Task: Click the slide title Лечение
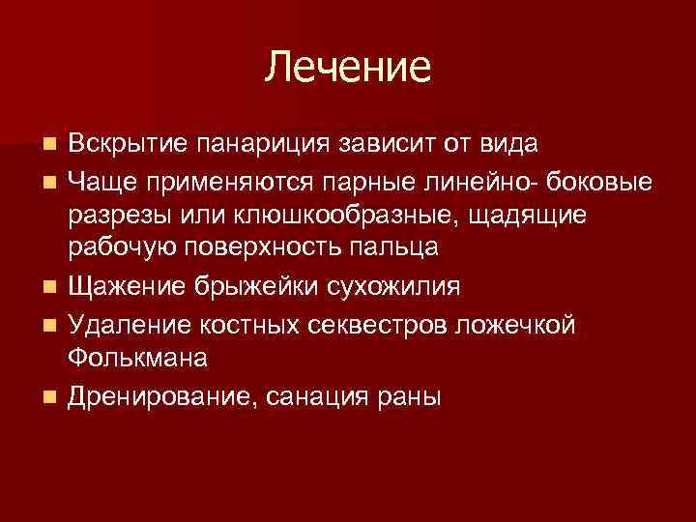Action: (348, 67)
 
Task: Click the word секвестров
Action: (364, 323)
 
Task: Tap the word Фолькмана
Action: (137, 357)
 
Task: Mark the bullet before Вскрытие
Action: (50, 145)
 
